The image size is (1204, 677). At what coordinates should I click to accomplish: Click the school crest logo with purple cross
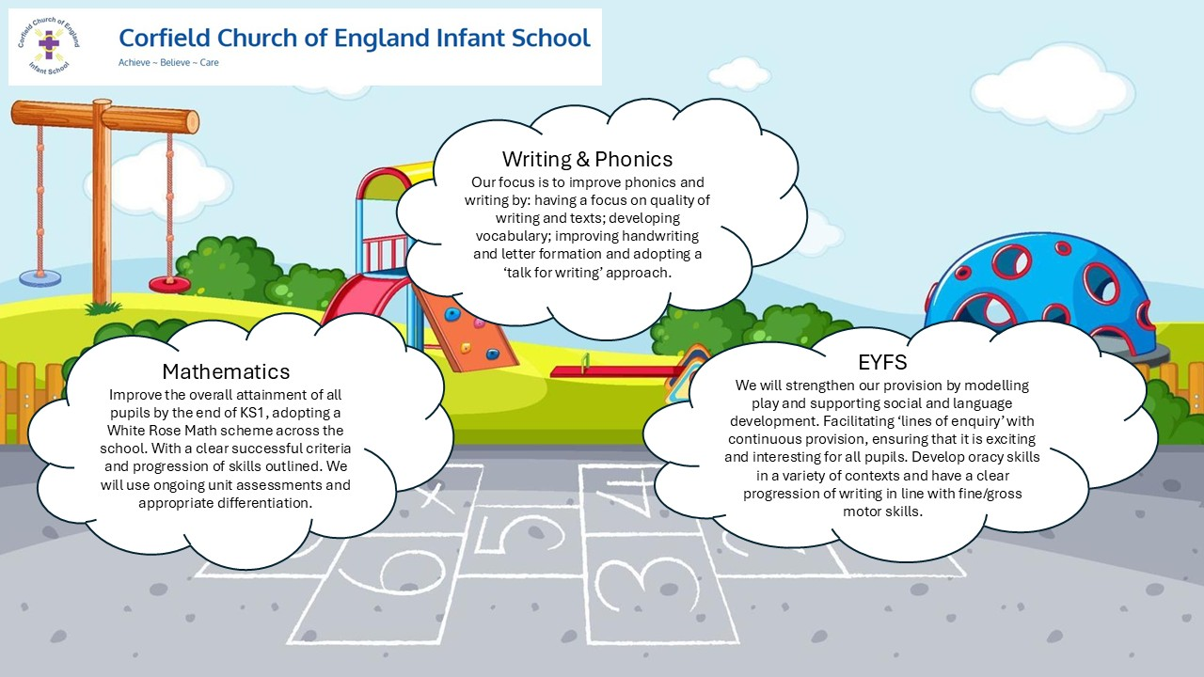point(49,46)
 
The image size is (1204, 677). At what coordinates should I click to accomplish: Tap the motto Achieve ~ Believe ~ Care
point(168,62)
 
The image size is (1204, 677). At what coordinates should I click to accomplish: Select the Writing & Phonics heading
point(588,159)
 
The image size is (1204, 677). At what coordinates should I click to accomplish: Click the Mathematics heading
point(227,371)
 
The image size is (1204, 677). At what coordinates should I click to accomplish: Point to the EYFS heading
point(882,362)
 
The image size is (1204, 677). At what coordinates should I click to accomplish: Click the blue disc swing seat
point(40,278)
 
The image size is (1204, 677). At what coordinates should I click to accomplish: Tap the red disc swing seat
point(169,284)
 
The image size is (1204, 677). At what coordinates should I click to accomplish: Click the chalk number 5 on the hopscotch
point(518,535)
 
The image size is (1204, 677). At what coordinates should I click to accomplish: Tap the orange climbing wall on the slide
point(466,330)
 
